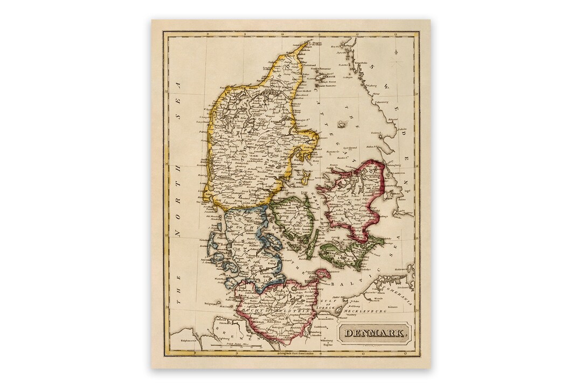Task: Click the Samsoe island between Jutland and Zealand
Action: [306, 176]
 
